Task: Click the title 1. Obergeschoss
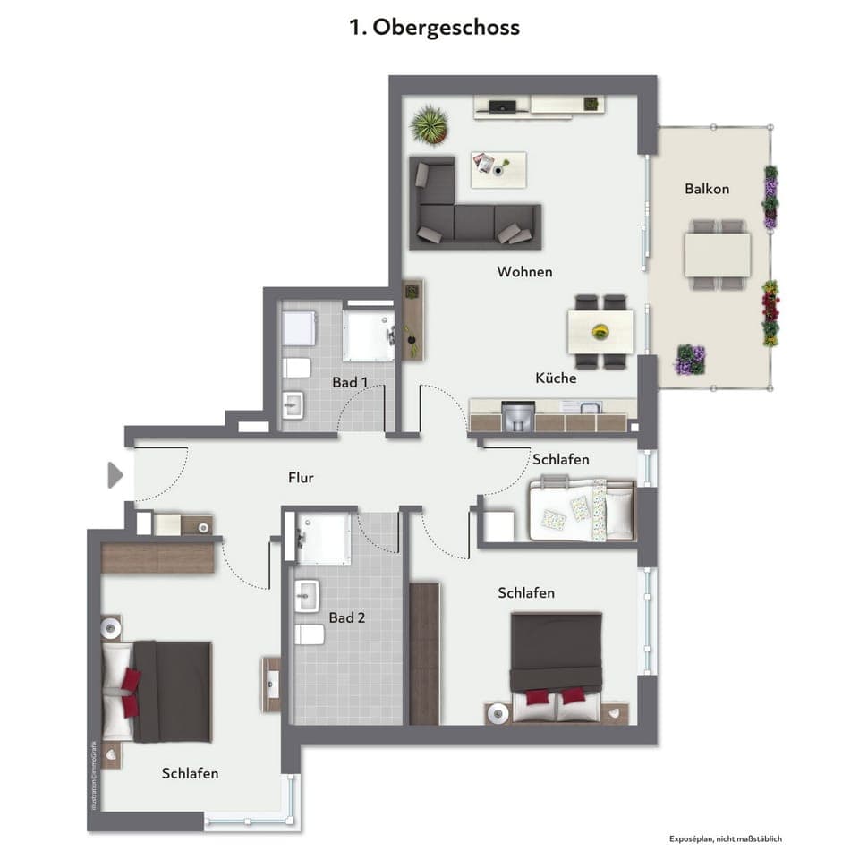[434, 28]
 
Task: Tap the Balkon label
[707, 189]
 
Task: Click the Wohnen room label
[524, 272]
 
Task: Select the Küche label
[556, 378]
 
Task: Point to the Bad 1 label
[350, 382]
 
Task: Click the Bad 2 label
[346, 617]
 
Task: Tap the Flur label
[301, 478]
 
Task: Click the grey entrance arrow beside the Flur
[115, 475]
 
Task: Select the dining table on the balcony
[718, 255]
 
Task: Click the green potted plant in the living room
[429, 125]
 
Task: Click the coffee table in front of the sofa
[498, 169]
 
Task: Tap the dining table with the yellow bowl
[600, 331]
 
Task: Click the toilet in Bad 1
[296, 368]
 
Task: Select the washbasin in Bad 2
[307, 595]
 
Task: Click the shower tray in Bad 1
[367, 335]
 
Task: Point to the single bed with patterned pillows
[582, 510]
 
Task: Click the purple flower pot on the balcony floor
[689, 360]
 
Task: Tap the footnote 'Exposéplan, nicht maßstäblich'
[726, 838]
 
